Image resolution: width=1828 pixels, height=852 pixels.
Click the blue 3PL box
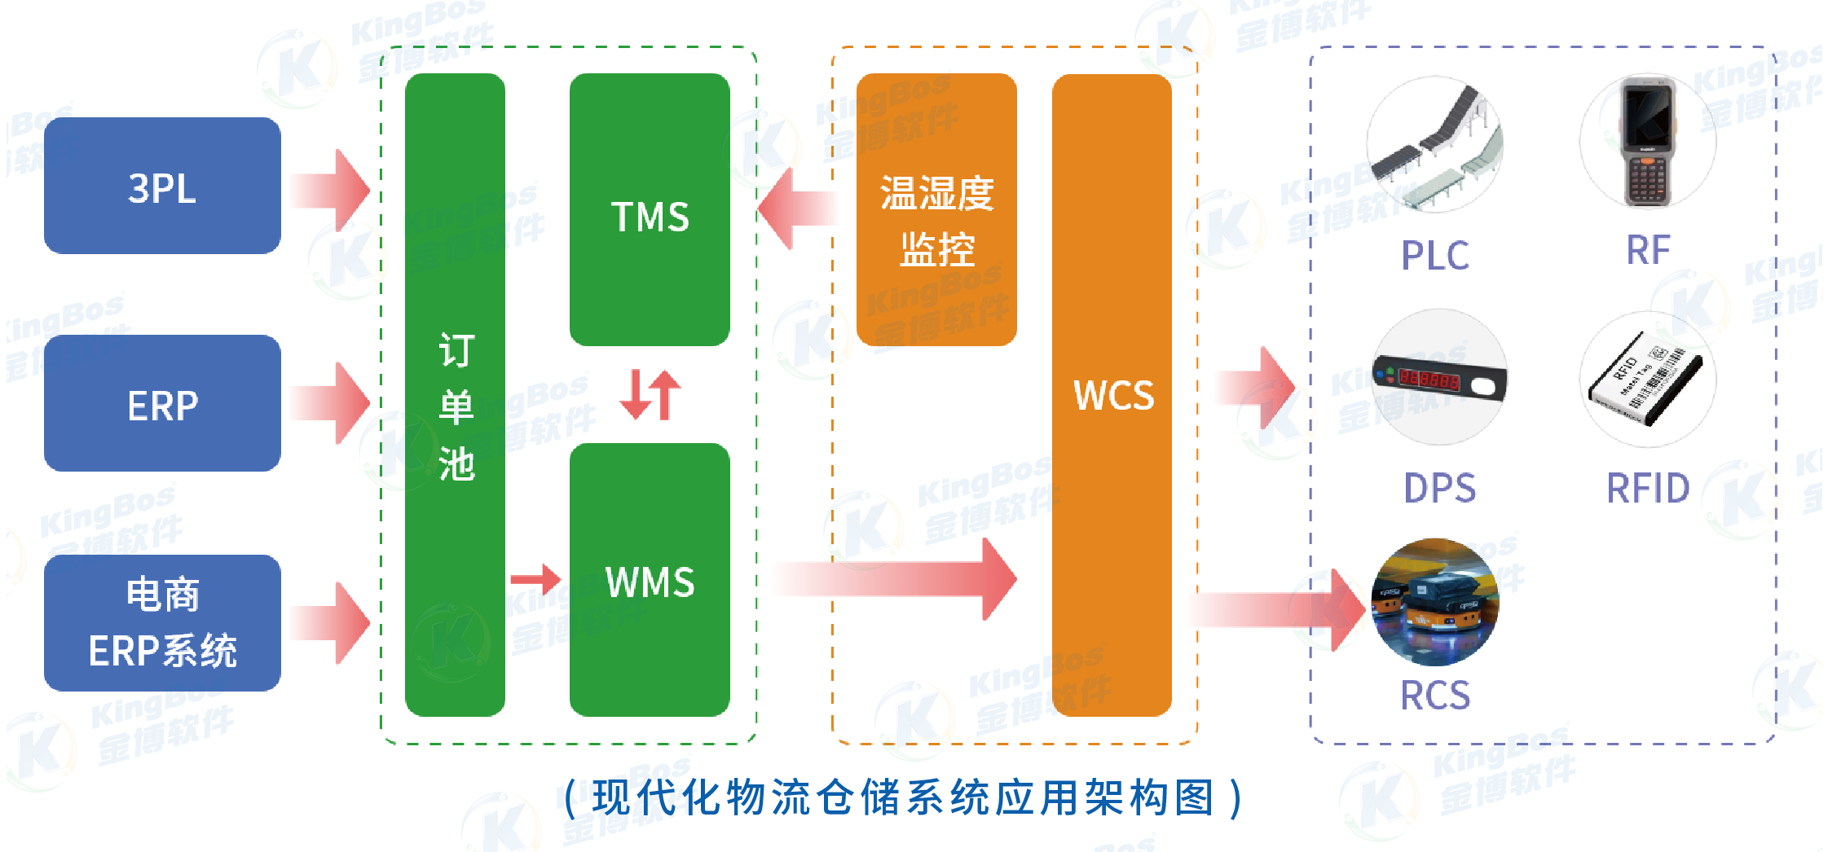coord(162,186)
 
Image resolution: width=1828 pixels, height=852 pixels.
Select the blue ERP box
coord(162,403)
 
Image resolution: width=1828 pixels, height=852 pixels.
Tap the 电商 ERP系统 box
coord(162,623)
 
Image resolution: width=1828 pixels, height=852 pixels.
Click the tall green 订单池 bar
coord(455,395)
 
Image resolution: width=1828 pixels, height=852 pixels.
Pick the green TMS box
coord(650,210)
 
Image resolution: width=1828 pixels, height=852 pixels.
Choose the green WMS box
coord(650,580)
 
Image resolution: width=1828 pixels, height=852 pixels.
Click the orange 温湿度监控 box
coord(936,210)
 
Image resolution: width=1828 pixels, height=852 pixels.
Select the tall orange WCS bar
coord(1112,395)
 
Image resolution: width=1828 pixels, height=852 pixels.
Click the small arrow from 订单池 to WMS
coord(536,579)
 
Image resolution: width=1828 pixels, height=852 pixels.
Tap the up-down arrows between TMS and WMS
coord(650,395)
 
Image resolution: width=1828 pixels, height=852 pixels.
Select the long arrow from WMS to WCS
coord(896,579)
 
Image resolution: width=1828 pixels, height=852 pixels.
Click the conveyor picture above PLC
coord(1435,145)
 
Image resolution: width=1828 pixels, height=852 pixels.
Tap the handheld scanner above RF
coord(1647,142)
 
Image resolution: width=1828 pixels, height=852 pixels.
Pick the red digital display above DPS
coord(1439,378)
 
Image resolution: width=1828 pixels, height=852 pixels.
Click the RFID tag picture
coord(1647,380)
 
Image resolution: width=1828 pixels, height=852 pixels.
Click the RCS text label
coord(1435,696)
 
